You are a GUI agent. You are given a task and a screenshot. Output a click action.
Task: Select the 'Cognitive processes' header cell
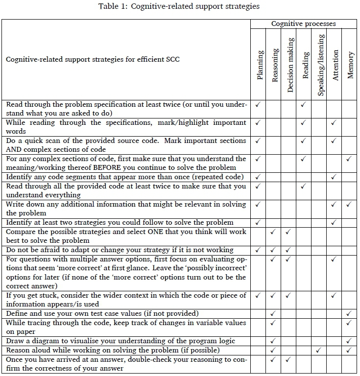pyautogui.click(x=304, y=23)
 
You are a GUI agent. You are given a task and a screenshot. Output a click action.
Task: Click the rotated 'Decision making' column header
pyautogui.click(x=290, y=65)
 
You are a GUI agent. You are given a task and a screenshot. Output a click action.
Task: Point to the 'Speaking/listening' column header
pyautogui.click(x=320, y=65)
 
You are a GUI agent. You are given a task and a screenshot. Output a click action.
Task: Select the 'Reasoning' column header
pyautogui.click(x=275, y=65)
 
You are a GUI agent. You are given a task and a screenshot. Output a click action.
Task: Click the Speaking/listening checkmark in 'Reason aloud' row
pyautogui.click(x=319, y=350)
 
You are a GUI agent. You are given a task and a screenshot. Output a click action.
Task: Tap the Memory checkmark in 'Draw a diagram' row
pyautogui.click(x=349, y=341)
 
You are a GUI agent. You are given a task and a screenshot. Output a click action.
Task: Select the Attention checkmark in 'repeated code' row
pyautogui.click(x=334, y=177)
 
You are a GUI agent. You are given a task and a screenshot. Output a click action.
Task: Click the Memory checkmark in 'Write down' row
pyautogui.click(x=349, y=204)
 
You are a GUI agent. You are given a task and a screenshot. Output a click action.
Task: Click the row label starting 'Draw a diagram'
pyautogui.click(x=120, y=341)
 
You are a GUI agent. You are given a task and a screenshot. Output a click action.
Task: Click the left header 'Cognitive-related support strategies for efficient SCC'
pyautogui.click(x=93, y=60)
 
